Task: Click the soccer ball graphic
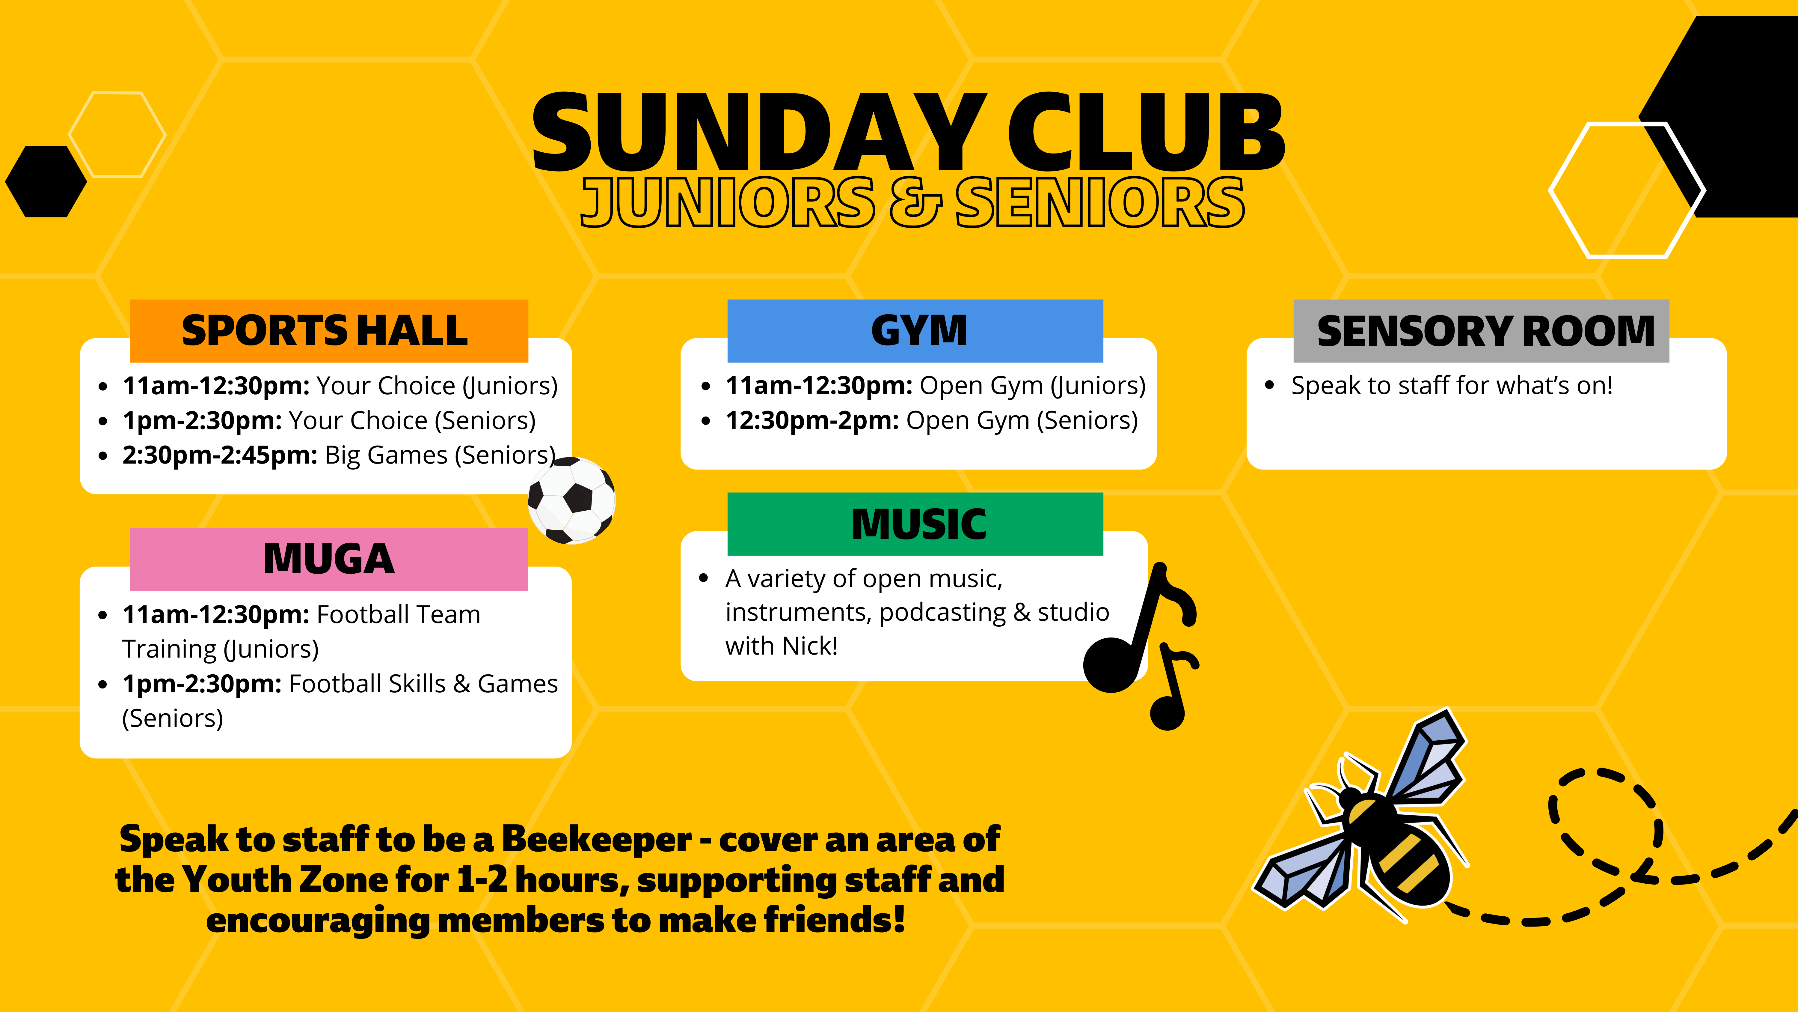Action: tap(572, 500)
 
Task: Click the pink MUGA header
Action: tap(329, 559)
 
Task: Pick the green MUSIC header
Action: tap(915, 524)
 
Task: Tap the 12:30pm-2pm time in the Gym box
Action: tap(812, 420)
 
